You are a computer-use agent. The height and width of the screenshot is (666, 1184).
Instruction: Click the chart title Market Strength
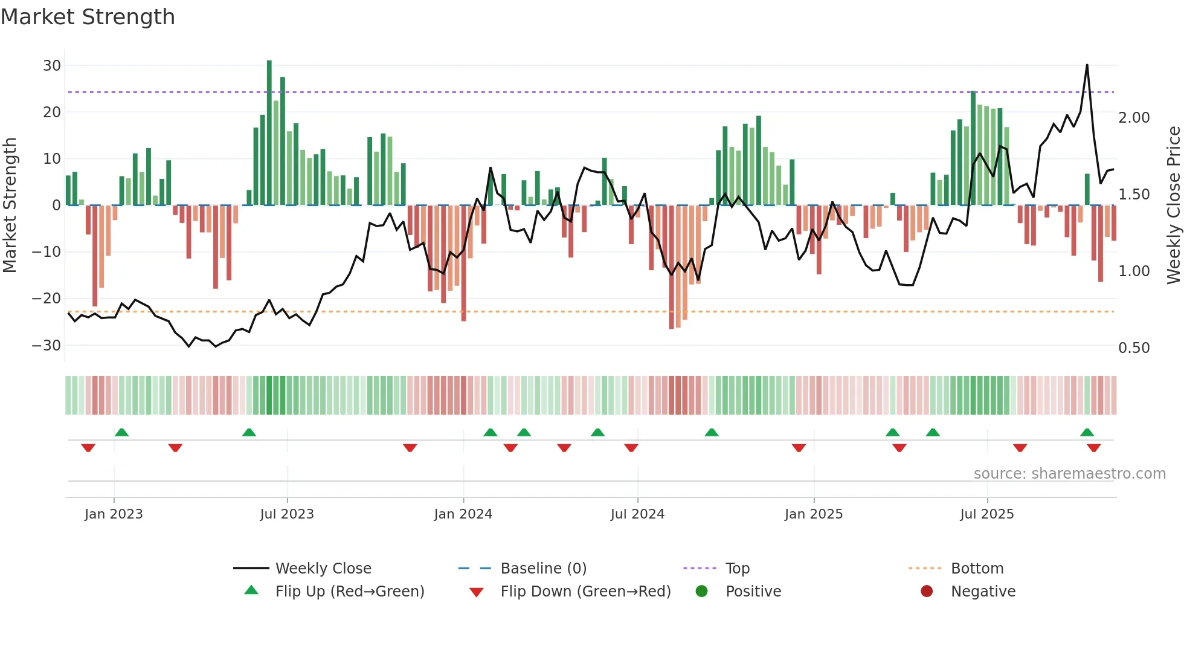[88, 17]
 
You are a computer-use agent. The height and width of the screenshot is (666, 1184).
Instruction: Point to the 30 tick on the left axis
[52, 65]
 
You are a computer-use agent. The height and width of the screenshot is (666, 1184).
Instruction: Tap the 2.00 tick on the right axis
[1134, 118]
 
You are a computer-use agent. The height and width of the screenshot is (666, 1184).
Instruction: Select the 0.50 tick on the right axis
[1134, 348]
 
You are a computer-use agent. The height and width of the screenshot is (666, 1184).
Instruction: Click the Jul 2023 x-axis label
[287, 514]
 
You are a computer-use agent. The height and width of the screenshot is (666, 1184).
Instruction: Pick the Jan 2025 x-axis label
[813, 514]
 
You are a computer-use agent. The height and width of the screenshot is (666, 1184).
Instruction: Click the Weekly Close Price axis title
[1173, 205]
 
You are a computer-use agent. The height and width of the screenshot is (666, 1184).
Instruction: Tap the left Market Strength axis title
[10, 205]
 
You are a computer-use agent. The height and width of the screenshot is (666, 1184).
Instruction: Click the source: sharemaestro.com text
[1069, 474]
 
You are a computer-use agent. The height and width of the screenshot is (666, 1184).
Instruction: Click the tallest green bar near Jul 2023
[269, 133]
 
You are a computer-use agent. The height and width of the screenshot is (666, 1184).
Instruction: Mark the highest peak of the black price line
[1087, 65]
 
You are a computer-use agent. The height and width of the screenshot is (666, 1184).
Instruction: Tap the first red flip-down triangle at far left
[88, 448]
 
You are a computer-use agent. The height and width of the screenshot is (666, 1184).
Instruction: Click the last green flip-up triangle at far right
[1087, 432]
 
